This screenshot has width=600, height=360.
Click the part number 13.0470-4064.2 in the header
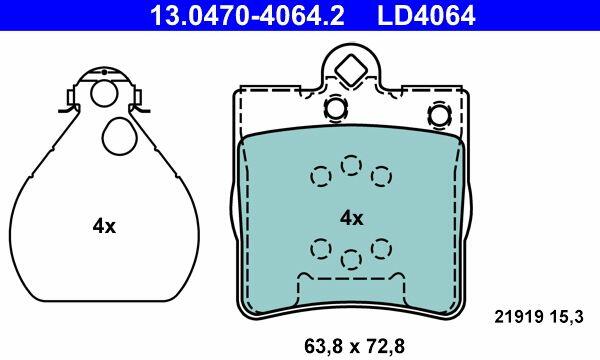coord(247,15)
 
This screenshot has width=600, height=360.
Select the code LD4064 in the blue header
coord(426,15)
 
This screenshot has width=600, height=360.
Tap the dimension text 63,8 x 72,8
coord(354,347)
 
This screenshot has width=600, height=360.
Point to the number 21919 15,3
coord(539,317)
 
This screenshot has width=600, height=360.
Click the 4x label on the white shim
coord(104,226)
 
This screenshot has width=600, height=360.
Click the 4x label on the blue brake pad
coord(352,218)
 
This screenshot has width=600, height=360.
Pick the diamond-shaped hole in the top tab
coord(351,70)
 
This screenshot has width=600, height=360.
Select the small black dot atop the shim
coord(104,72)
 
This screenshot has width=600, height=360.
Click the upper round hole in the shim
coord(104,93)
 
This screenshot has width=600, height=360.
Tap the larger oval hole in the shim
coord(120,136)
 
